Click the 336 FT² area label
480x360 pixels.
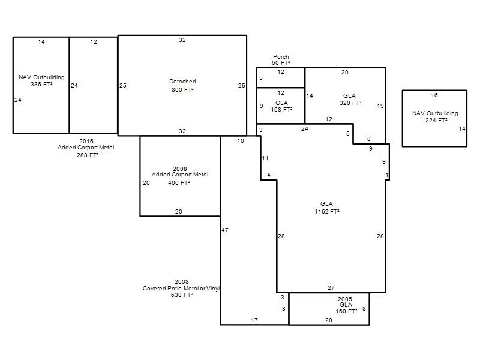click(41, 84)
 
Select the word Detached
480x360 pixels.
click(182, 82)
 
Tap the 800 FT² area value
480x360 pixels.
click(182, 89)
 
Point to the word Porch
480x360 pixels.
click(281, 56)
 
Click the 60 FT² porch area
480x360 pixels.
click(281, 63)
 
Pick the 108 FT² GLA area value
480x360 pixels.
click(281, 109)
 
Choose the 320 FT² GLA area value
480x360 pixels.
click(350, 103)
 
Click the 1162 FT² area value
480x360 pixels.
click(327, 211)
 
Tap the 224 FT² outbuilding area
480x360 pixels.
click(436, 121)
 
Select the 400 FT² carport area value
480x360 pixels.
click(179, 183)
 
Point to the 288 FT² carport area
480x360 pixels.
click(88, 155)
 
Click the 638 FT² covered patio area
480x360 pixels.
click(182, 295)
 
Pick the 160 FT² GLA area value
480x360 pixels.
click(346, 311)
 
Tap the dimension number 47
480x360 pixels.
click(224, 230)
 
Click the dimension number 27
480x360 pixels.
click(331, 288)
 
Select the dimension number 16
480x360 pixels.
click(434, 95)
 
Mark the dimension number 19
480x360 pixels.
click(380, 106)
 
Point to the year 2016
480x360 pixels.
click(86, 141)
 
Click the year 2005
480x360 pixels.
click(345, 299)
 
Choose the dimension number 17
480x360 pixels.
click(254, 320)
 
